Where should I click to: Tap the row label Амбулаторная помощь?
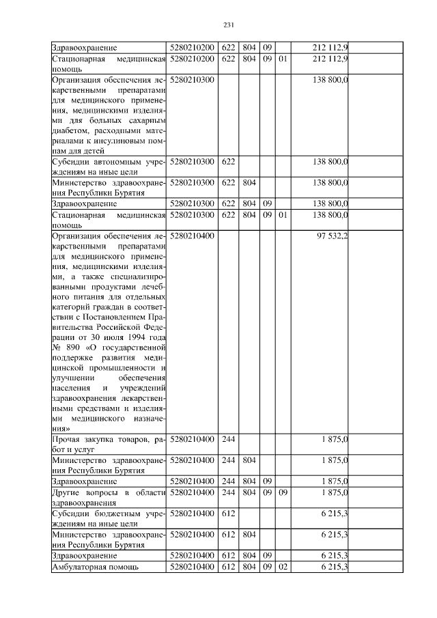[x=96, y=567]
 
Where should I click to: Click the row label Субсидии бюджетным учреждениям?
[x=109, y=518]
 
